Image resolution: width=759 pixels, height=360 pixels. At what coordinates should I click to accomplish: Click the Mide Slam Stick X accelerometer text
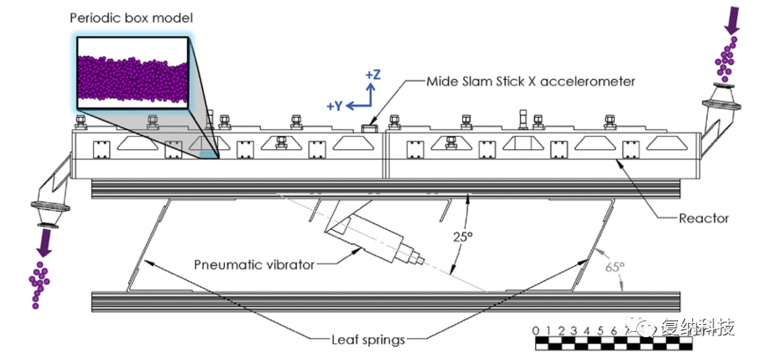point(531,82)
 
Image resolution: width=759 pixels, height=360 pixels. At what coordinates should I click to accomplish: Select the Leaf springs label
point(368,337)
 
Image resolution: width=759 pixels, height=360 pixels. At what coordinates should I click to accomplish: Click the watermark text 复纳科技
point(703,327)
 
